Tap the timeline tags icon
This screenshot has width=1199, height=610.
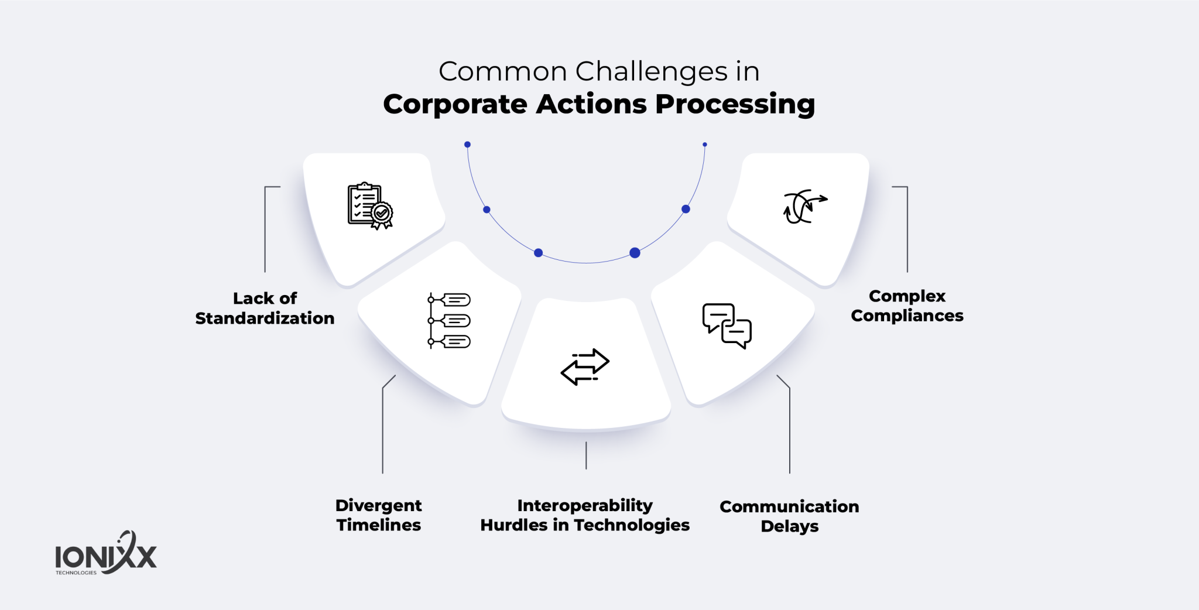click(x=449, y=321)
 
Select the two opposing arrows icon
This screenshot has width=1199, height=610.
click(x=585, y=366)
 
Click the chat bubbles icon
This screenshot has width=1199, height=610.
click(x=727, y=326)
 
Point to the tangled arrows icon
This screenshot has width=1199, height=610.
click(x=804, y=207)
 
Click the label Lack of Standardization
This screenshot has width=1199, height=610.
click(x=265, y=309)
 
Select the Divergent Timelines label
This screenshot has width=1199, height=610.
click(x=378, y=515)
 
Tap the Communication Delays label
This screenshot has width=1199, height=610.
click(x=789, y=516)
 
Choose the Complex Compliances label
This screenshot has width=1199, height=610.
click(x=907, y=306)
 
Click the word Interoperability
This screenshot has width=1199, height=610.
click(x=585, y=505)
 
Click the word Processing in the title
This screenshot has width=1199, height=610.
click(x=735, y=105)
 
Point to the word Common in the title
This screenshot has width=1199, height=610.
click(x=503, y=72)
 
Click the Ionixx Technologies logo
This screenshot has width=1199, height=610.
click(x=106, y=554)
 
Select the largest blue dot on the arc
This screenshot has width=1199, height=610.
click(x=635, y=253)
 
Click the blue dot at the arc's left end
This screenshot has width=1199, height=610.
click(x=467, y=145)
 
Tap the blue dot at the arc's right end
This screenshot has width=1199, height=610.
click(x=705, y=145)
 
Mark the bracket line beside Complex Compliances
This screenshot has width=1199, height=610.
click(x=907, y=228)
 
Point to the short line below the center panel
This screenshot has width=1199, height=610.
click(x=586, y=455)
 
